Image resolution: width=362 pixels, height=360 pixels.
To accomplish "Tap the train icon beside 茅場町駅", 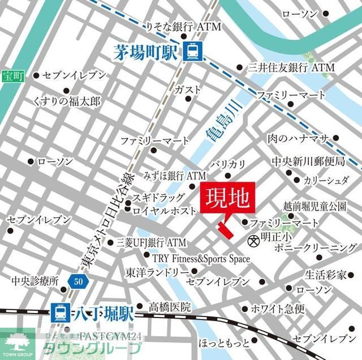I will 191,53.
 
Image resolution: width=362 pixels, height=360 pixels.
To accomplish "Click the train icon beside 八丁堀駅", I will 58,311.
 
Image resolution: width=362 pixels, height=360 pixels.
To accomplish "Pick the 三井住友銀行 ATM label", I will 291,67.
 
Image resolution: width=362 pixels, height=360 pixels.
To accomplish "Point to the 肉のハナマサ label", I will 298,139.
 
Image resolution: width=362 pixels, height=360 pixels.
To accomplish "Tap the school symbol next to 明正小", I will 253,240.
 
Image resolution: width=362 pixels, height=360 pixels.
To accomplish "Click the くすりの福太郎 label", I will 67,101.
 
